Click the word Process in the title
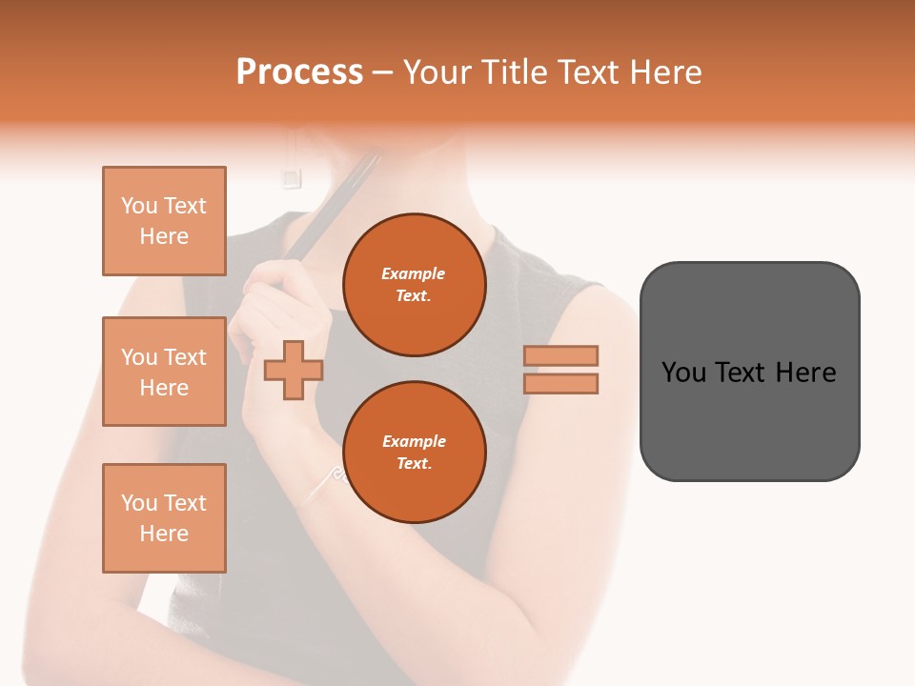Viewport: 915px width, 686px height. click(x=299, y=72)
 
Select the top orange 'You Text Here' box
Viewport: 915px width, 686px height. click(x=164, y=221)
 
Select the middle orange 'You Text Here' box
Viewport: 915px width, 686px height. click(x=164, y=372)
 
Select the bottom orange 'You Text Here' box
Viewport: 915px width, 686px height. click(x=164, y=518)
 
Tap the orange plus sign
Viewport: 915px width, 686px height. click(x=294, y=370)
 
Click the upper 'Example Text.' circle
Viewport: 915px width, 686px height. click(x=414, y=284)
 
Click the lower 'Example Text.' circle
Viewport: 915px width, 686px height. click(x=414, y=452)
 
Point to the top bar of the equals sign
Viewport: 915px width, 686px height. click(x=560, y=355)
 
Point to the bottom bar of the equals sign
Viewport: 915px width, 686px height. click(x=560, y=383)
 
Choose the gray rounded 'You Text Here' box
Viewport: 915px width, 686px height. click(x=749, y=372)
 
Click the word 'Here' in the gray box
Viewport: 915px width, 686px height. click(x=806, y=373)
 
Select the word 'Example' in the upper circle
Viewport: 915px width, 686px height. click(x=414, y=273)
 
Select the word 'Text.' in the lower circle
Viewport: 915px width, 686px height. click(x=414, y=463)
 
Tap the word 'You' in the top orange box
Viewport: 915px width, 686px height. click(x=139, y=206)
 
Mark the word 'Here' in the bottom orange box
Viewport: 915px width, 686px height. click(x=164, y=534)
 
